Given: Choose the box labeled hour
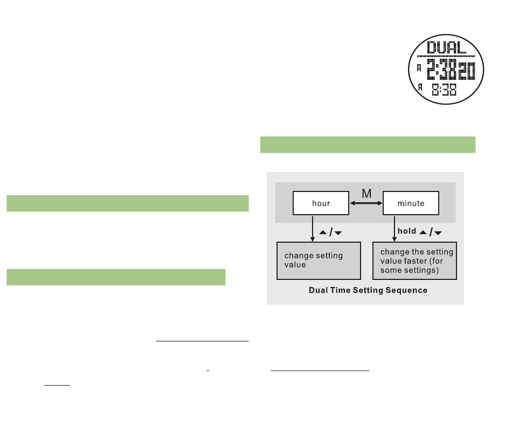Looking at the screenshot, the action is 321,203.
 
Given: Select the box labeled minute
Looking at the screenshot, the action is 411,203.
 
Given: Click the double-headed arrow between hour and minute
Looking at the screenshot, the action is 366,203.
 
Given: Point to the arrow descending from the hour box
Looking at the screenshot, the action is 312,228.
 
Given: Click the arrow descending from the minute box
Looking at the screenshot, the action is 394,228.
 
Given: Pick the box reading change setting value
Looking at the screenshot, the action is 318,261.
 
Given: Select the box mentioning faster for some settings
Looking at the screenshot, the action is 415,261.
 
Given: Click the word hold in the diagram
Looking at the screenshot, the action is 407,231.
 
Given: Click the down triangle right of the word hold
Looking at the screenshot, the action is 438,233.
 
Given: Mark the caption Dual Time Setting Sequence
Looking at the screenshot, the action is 368,290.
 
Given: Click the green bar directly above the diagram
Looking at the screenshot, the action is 368,145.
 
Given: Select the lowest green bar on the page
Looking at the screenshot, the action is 116,277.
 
